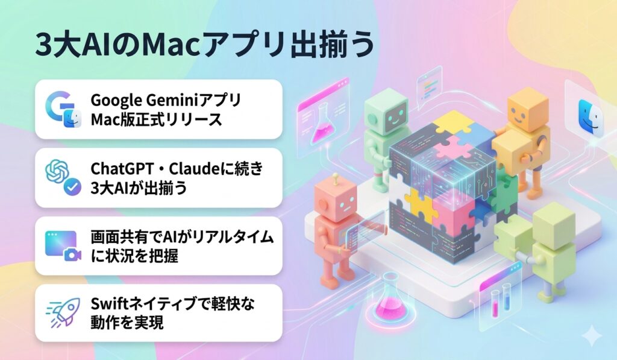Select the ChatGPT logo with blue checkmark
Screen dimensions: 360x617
click(x=62, y=177)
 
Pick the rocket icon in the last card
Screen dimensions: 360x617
click(x=62, y=312)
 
